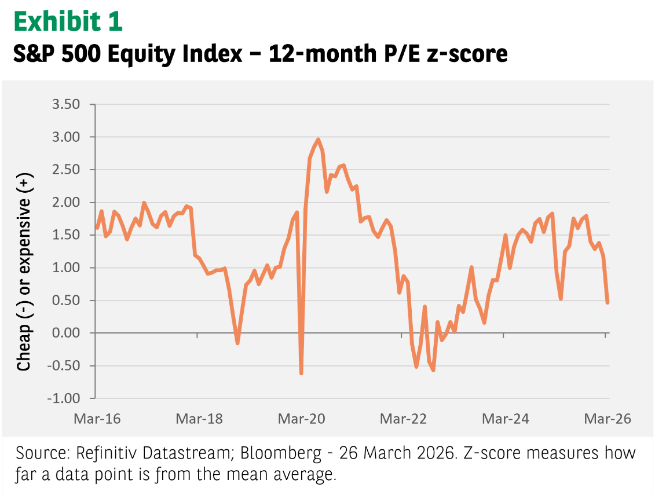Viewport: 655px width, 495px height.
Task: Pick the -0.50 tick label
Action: click(x=67, y=366)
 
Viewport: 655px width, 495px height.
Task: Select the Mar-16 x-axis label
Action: click(x=97, y=419)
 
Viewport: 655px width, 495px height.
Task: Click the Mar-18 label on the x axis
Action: click(x=199, y=419)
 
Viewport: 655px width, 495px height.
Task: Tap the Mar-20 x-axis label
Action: click(x=301, y=419)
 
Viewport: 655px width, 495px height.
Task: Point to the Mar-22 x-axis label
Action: click(x=403, y=419)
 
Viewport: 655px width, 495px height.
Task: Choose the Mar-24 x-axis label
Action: click(x=506, y=419)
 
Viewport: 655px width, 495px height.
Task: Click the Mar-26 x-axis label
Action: click(x=606, y=419)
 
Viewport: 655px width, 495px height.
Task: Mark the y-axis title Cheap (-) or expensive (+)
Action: click(x=24, y=272)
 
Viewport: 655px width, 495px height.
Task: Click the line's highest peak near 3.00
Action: click(x=318, y=140)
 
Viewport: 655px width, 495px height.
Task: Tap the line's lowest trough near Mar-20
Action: click(x=301, y=373)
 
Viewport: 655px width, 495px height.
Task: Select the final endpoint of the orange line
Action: click(x=608, y=302)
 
